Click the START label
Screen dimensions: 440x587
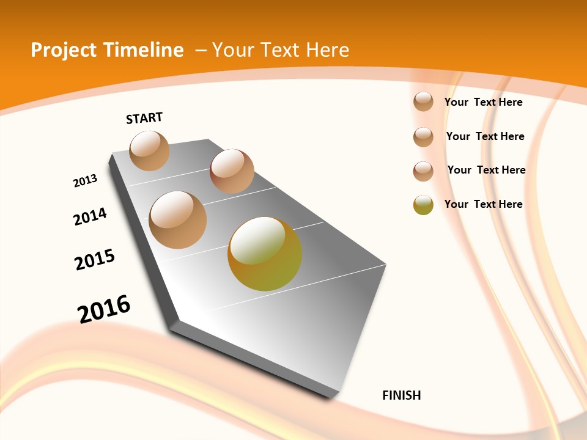pos(144,117)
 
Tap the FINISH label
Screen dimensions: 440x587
pos(402,395)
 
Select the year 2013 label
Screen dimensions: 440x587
pos(86,181)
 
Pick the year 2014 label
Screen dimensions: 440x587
pos(90,216)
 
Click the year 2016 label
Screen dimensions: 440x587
pos(104,309)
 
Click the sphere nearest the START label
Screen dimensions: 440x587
pos(149,150)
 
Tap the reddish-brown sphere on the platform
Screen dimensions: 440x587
pos(232,171)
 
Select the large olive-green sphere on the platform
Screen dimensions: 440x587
pos(265,254)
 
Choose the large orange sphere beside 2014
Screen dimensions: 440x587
pos(178,220)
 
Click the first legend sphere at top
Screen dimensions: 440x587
pos(423,101)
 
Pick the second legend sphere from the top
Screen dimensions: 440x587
pos(423,137)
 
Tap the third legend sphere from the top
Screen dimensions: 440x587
pos(423,171)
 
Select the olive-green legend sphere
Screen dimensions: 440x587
pos(423,205)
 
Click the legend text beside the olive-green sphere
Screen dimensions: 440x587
pos(483,204)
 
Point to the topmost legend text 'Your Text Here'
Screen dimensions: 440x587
pos(483,102)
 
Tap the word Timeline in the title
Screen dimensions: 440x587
pos(144,50)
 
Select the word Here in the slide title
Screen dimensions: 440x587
pos(327,50)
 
